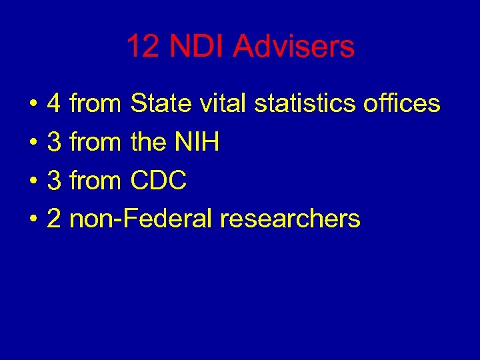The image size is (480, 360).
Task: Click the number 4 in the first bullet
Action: tap(54, 104)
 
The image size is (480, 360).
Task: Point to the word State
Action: tap(157, 104)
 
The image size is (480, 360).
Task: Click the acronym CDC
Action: tap(159, 180)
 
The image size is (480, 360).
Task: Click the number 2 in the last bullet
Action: tap(54, 219)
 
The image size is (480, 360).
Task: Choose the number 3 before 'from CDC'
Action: tap(54, 180)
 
